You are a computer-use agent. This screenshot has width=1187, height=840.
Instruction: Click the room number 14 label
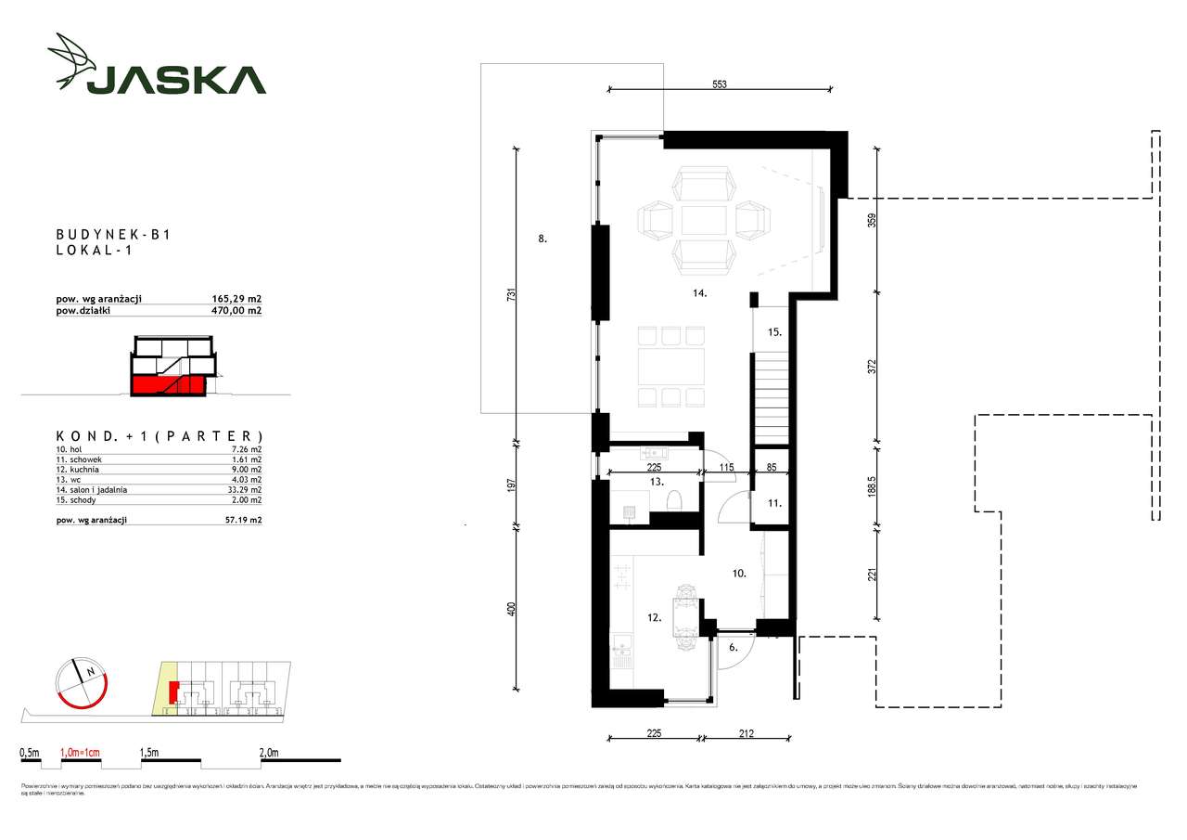[699, 293]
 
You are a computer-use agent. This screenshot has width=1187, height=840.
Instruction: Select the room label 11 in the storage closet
[774, 504]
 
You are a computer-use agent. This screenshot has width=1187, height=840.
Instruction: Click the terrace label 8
[542, 239]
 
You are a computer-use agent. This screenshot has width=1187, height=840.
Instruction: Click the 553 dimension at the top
[719, 84]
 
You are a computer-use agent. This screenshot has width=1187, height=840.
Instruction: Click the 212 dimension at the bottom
[747, 733]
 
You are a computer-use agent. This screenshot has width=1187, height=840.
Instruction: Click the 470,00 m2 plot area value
[236, 311]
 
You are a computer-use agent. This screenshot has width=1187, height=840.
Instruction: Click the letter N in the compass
[90, 671]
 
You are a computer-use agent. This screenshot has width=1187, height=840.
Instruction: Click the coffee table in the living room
[704, 221]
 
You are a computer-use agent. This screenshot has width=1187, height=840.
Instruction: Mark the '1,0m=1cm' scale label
[80, 754]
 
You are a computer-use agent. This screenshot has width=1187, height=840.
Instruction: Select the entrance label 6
[733, 648]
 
